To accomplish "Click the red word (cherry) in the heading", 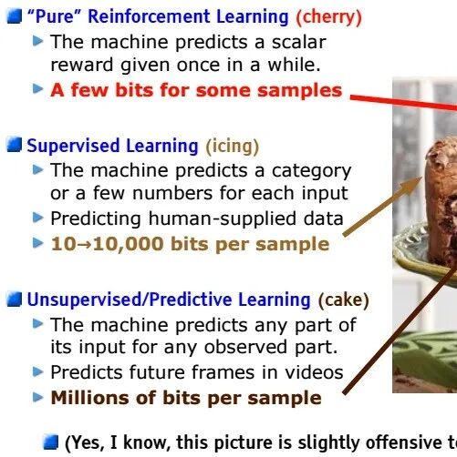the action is point(329,17).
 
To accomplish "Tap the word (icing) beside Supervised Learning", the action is point(233,147).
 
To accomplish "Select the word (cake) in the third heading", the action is point(343,300).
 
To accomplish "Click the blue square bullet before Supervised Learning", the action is point(15,145).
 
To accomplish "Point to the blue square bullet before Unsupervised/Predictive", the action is point(15,300).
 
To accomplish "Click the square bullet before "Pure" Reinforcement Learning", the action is point(15,16).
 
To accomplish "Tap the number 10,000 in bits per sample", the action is point(128,245).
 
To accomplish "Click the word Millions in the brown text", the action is point(90,398).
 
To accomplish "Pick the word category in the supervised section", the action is point(311,171).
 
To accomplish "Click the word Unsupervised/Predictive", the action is point(169,300).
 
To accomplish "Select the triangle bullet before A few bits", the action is point(38,88).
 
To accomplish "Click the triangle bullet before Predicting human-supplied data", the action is point(38,218).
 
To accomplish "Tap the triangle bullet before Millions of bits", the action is point(38,397).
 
